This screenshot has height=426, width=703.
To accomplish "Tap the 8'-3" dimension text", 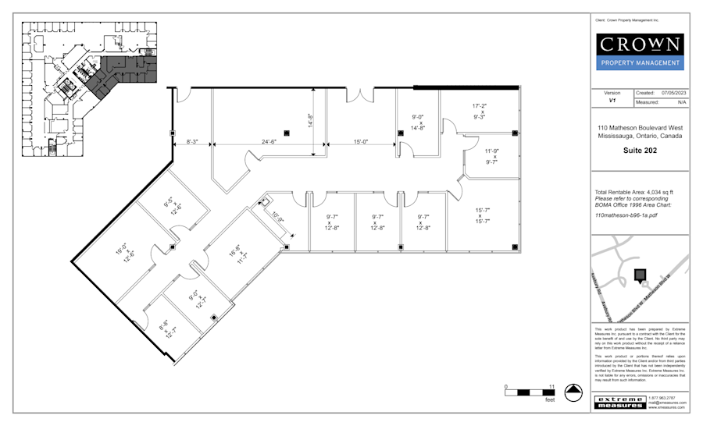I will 192,142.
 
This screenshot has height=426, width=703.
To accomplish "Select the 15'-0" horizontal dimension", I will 361,142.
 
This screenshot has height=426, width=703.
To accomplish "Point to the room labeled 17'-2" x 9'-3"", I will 479,111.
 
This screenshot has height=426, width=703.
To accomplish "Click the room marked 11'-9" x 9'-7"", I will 491,157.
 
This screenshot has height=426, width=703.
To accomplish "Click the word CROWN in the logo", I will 639,44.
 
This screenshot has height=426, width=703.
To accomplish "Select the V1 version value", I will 612,101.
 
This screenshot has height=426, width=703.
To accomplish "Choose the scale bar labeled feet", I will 529,392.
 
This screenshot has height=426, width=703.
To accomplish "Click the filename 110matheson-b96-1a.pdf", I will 626,214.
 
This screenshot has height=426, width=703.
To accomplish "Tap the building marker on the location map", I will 640,275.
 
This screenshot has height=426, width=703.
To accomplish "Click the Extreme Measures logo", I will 620,402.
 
